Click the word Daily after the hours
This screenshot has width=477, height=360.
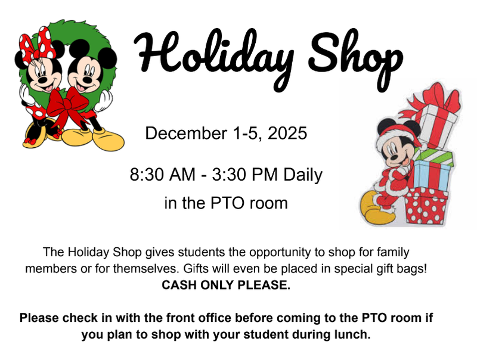302,175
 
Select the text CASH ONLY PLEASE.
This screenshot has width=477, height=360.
226,285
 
